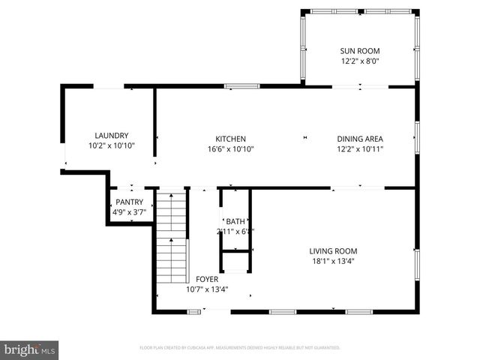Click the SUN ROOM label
click(360, 51)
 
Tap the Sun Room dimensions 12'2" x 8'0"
click(360, 62)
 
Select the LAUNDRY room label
click(111, 135)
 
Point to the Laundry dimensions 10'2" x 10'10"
click(111, 145)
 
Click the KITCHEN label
click(231, 139)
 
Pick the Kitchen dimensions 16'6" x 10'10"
click(231, 149)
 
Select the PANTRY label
click(129, 202)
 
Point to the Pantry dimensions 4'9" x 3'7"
click(129, 212)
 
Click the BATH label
click(236, 221)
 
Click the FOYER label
click(207, 279)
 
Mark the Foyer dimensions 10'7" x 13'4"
click(207, 289)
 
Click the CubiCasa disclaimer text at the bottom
click(240, 348)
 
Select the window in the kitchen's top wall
click(242, 86)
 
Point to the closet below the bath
click(235, 262)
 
